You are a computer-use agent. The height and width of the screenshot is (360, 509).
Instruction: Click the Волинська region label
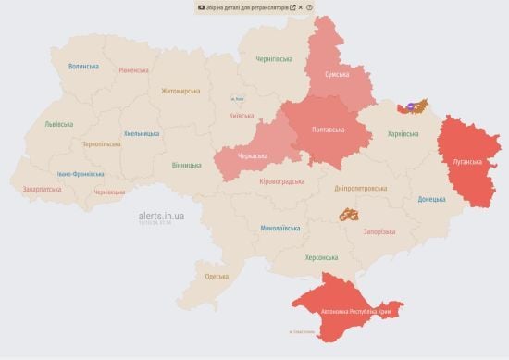[83, 67]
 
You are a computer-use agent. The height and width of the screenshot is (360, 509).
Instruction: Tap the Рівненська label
[133, 70]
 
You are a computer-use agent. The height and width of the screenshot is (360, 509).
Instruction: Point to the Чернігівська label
[275, 59]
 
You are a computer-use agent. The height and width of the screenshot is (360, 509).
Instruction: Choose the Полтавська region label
[329, 130]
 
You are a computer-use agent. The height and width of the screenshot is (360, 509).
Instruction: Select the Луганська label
[467, 160]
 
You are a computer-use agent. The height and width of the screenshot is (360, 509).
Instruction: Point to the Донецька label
[431, 199]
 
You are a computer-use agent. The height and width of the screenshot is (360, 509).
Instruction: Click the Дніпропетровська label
[360, 188]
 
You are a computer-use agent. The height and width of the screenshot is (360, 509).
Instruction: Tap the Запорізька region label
[379, 231]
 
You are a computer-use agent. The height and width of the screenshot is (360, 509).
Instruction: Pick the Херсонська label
[321, 257]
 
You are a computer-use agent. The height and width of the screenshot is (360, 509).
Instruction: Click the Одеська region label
[217, 276]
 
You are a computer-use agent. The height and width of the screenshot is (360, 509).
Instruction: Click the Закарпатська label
[42, 189]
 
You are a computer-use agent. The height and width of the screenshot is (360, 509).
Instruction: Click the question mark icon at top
[309, 6]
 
